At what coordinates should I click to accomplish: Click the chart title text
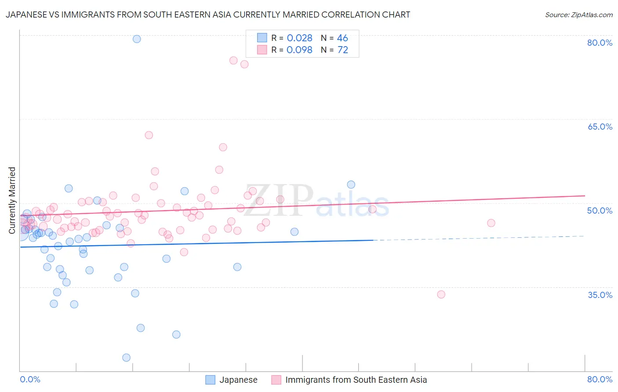[x=208, y=15]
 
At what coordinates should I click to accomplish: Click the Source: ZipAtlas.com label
[x=578, y=15]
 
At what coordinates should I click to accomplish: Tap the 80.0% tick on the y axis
[x=600, y=43]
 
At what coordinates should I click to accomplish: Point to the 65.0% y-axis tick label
[x=600, y=127]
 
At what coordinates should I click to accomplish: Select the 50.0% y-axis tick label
[x=600, y=211]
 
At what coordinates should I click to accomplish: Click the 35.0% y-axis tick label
[x=600, y=295]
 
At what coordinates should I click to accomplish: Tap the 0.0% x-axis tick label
[x=30, y=379]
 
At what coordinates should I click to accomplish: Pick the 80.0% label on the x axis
[x=600, y=379]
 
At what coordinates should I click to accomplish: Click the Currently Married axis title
[x=12, y=200]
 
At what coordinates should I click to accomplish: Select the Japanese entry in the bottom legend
[x=238, y=380]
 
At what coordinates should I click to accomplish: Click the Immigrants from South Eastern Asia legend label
[x=356, y=380]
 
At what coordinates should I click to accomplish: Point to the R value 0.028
[x=299, y=38]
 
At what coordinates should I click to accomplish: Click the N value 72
[x=342, y=50]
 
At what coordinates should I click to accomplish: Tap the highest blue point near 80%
[x=137, y=39]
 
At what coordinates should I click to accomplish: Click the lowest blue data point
[x=126, y=358]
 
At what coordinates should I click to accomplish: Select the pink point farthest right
[x=491, y=223]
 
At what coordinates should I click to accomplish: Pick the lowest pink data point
[x=441, y=294]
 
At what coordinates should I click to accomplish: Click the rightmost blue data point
[x=351, y=185]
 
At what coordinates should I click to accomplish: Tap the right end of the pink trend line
[x=585, y=196]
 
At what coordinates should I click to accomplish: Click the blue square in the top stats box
[x=262, y=38]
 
